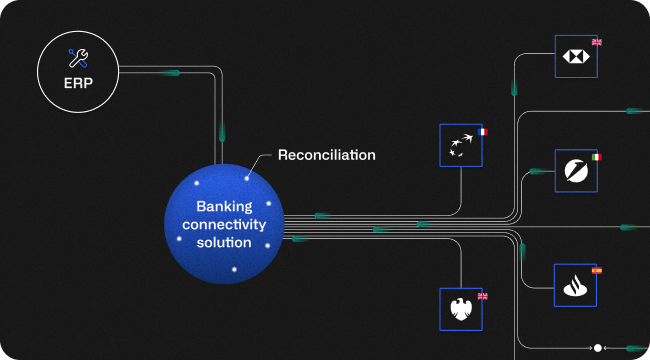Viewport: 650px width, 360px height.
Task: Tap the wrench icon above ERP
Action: pyautogui.click(x=78, y=58)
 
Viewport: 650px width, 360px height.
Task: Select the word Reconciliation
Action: pyautogui.click(x=326, y=155)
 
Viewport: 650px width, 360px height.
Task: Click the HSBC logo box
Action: pyautogui.click(x=576, y=57)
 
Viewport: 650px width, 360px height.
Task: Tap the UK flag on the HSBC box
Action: pyautogui.click(x=597, y=42)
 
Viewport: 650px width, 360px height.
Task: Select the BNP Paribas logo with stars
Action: pyautogui.click(x=461, y=146)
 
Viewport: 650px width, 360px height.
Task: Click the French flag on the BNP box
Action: pyautogui.click(x=482, y=131)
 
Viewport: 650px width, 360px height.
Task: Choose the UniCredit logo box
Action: pyautogui.click(x=576, y=171)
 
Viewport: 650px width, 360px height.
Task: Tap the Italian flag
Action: pyautogui.click(x=597, y=157)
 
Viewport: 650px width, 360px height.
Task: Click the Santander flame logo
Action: pyautogui.click(x=576, y=285)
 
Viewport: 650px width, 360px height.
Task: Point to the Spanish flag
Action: pyautogui.click(x=597, y=270)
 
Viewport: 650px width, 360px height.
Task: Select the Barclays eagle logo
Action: pyautogui.click(x=461, y=309)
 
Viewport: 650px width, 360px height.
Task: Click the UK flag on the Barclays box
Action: pyautogui.click(x=482, y=295)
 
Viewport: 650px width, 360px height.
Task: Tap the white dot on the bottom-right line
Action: pyautogui.click(x=597, y=348)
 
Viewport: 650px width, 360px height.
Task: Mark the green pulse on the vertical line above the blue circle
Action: pyautogui.click(x=222, y=131)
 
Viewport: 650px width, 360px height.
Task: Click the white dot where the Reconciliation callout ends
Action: pyautogui.click(x=247, y=178)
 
